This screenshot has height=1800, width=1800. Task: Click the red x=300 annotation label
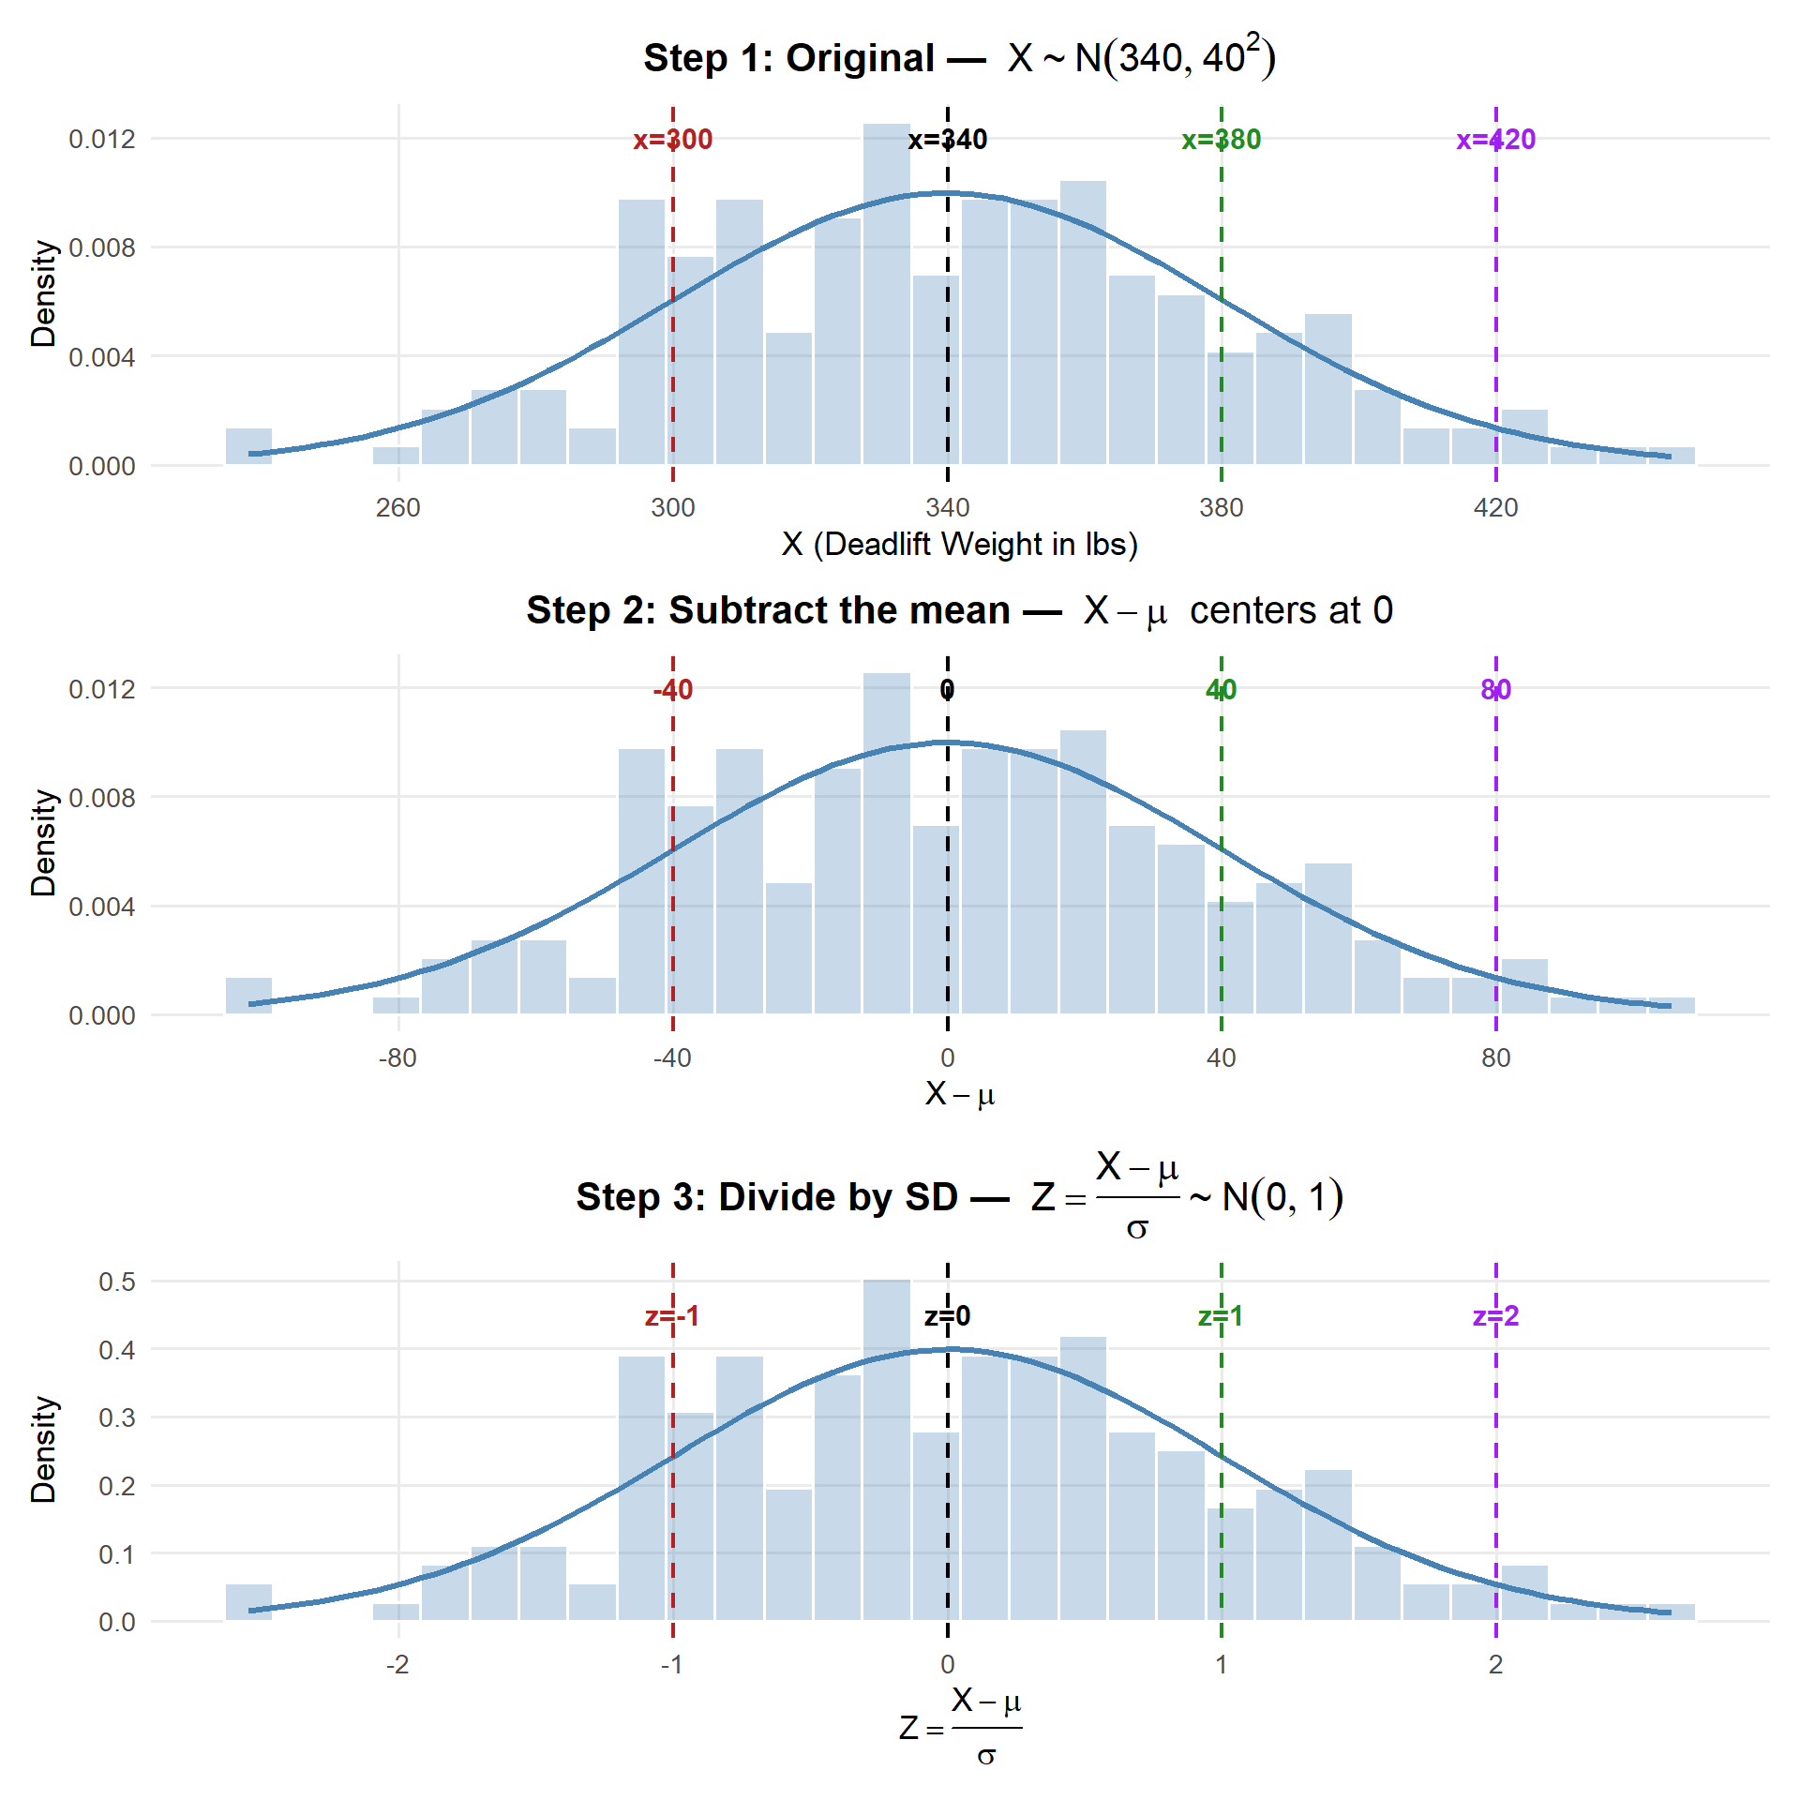[672, 140]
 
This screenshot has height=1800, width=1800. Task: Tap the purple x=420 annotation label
[1495, 140]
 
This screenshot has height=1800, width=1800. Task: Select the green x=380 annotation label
[1221, 140]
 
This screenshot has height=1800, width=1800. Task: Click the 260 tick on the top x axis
[397, 508]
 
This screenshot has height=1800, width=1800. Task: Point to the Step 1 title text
[958, 58]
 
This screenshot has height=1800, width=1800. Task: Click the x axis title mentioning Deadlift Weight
[959, 545]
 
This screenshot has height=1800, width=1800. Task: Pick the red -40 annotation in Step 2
[672, 690]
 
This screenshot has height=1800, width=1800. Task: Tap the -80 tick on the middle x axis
[397, 1058]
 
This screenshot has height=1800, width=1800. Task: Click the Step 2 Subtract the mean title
[958, 610]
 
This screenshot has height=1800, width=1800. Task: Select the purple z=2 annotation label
[1495, 1316]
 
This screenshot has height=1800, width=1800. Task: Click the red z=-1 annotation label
[672, 1316]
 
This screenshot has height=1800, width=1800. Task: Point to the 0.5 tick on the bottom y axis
[117, 1282]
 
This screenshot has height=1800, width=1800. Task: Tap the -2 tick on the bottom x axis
[397, 1665]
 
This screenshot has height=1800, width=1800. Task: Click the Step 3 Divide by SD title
[958, 1197]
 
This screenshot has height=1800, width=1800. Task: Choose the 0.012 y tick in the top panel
[102, 140]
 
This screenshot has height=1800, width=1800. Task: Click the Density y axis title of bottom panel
[43, 1449]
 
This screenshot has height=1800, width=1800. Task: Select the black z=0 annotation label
[947, 1316]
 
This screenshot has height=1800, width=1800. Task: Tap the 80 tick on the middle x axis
[1495, 1058]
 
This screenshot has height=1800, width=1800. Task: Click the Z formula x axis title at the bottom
[959, 1727]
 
